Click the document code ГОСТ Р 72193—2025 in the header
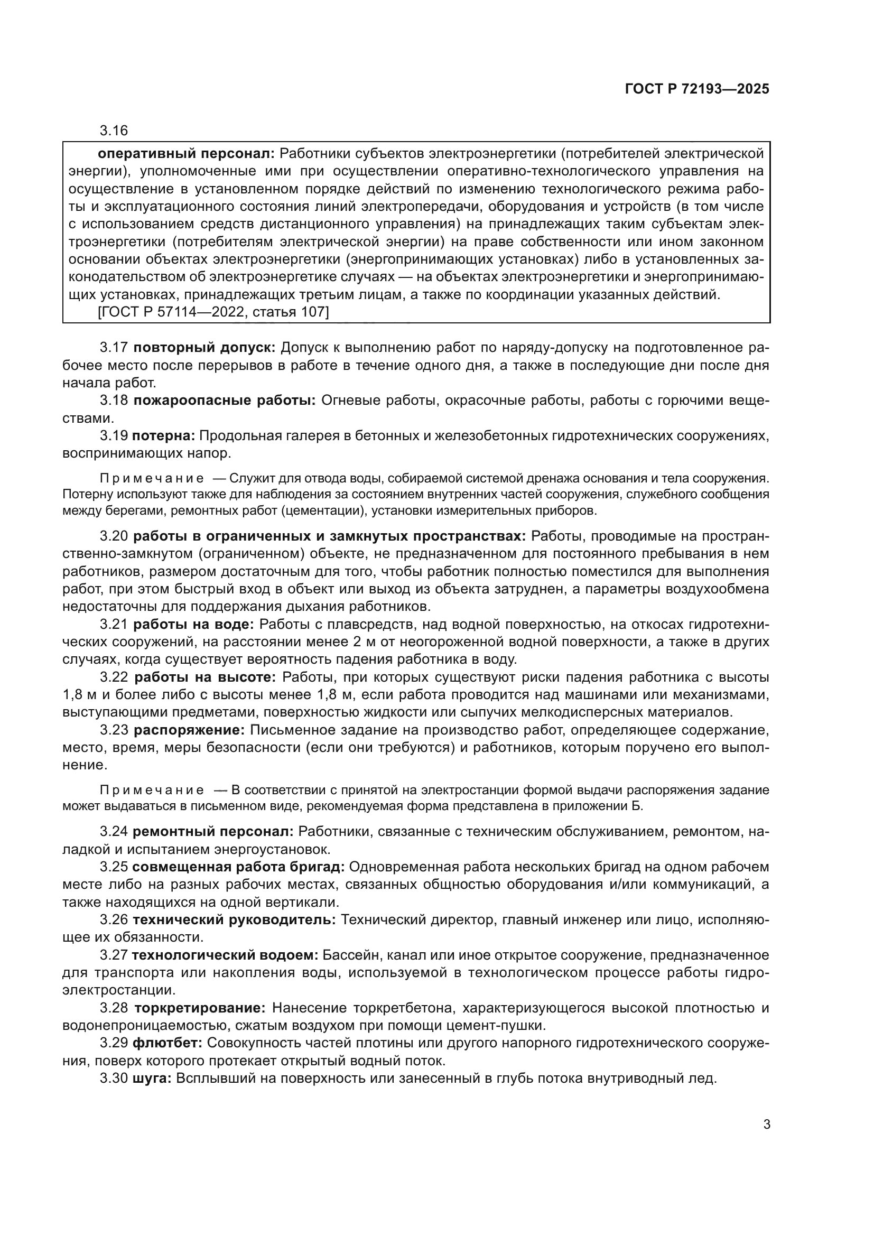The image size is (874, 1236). coord(696,89)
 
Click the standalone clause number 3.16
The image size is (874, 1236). coord(114,131)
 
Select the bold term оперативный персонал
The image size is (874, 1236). coord(186,154)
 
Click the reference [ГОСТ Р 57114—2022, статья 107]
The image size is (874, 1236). coord(213,312)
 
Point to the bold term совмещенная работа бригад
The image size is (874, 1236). coord(238,867)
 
